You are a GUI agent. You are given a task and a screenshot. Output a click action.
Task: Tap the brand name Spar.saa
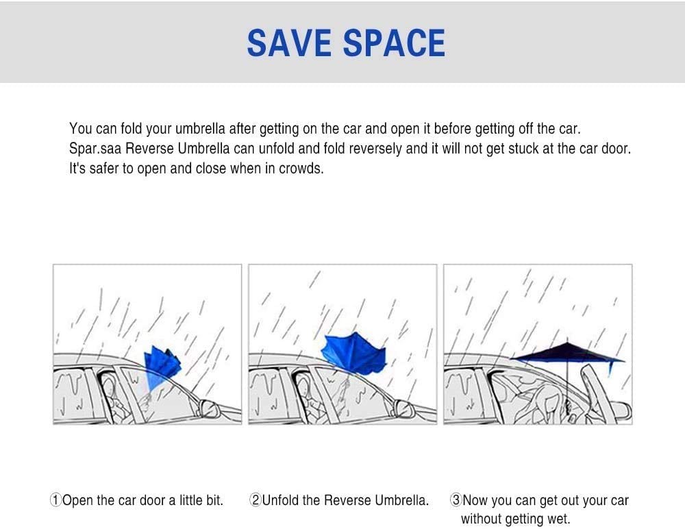pyautogui.click(x=96, y=149)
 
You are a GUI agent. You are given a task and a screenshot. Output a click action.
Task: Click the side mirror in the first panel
pyautogui.click(x=207, y=409)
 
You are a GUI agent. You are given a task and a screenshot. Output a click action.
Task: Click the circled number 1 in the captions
pyautogui.click(x=55, y=501)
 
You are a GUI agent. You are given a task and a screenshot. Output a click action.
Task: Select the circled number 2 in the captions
pyautogui.click(x=256, y=501)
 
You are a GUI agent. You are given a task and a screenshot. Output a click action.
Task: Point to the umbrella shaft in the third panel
pyautogui.click(x=568, y=384)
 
